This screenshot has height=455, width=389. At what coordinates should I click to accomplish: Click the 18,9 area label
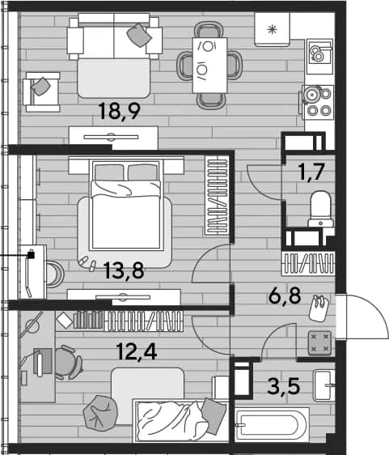[120, 111]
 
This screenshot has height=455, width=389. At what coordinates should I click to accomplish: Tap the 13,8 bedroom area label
[124, 270]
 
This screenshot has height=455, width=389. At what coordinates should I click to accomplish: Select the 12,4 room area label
[137, 351]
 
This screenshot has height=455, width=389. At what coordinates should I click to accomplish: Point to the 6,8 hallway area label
[285, 296]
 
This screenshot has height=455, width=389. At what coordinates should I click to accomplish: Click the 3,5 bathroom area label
[284, 386]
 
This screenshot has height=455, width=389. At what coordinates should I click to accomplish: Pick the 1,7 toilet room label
[311, 172]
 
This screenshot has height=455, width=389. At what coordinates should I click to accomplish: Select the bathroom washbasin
[323, 385]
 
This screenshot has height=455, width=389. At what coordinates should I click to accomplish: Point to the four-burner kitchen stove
[318, 102]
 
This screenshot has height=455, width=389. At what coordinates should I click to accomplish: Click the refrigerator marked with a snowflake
[272, 29]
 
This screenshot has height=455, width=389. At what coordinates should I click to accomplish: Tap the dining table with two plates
[209, 66]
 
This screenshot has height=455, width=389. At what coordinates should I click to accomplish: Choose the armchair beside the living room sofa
[42, 92]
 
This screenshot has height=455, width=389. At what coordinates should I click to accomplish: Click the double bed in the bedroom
[126, 205]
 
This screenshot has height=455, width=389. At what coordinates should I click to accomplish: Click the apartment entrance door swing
[363, 317]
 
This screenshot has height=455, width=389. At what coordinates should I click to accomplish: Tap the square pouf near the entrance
[319, 343]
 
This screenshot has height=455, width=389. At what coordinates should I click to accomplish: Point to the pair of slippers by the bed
[88, 263]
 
